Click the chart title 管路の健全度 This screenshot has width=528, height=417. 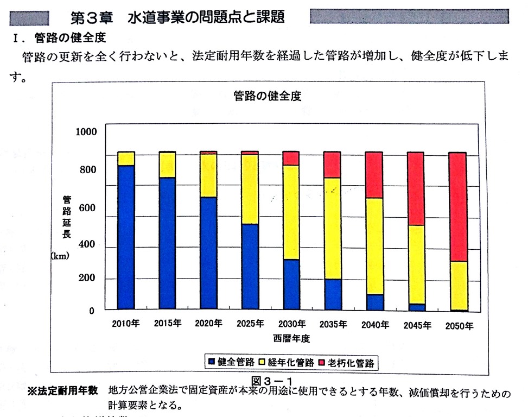coord(267,96)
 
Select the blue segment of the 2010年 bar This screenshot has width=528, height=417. coord(126,238)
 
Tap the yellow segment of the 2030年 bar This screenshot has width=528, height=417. coord(291,212)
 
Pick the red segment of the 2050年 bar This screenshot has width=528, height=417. coord(458,206)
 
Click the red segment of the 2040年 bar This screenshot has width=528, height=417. coord(374,175)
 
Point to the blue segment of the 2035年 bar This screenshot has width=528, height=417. coord(332,295)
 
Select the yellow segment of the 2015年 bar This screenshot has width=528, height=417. coord(167,165)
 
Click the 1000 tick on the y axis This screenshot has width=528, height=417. coord(86,132)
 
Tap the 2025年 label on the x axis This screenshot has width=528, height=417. coord(250,324)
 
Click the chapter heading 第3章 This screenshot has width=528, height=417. coord(92,17)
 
